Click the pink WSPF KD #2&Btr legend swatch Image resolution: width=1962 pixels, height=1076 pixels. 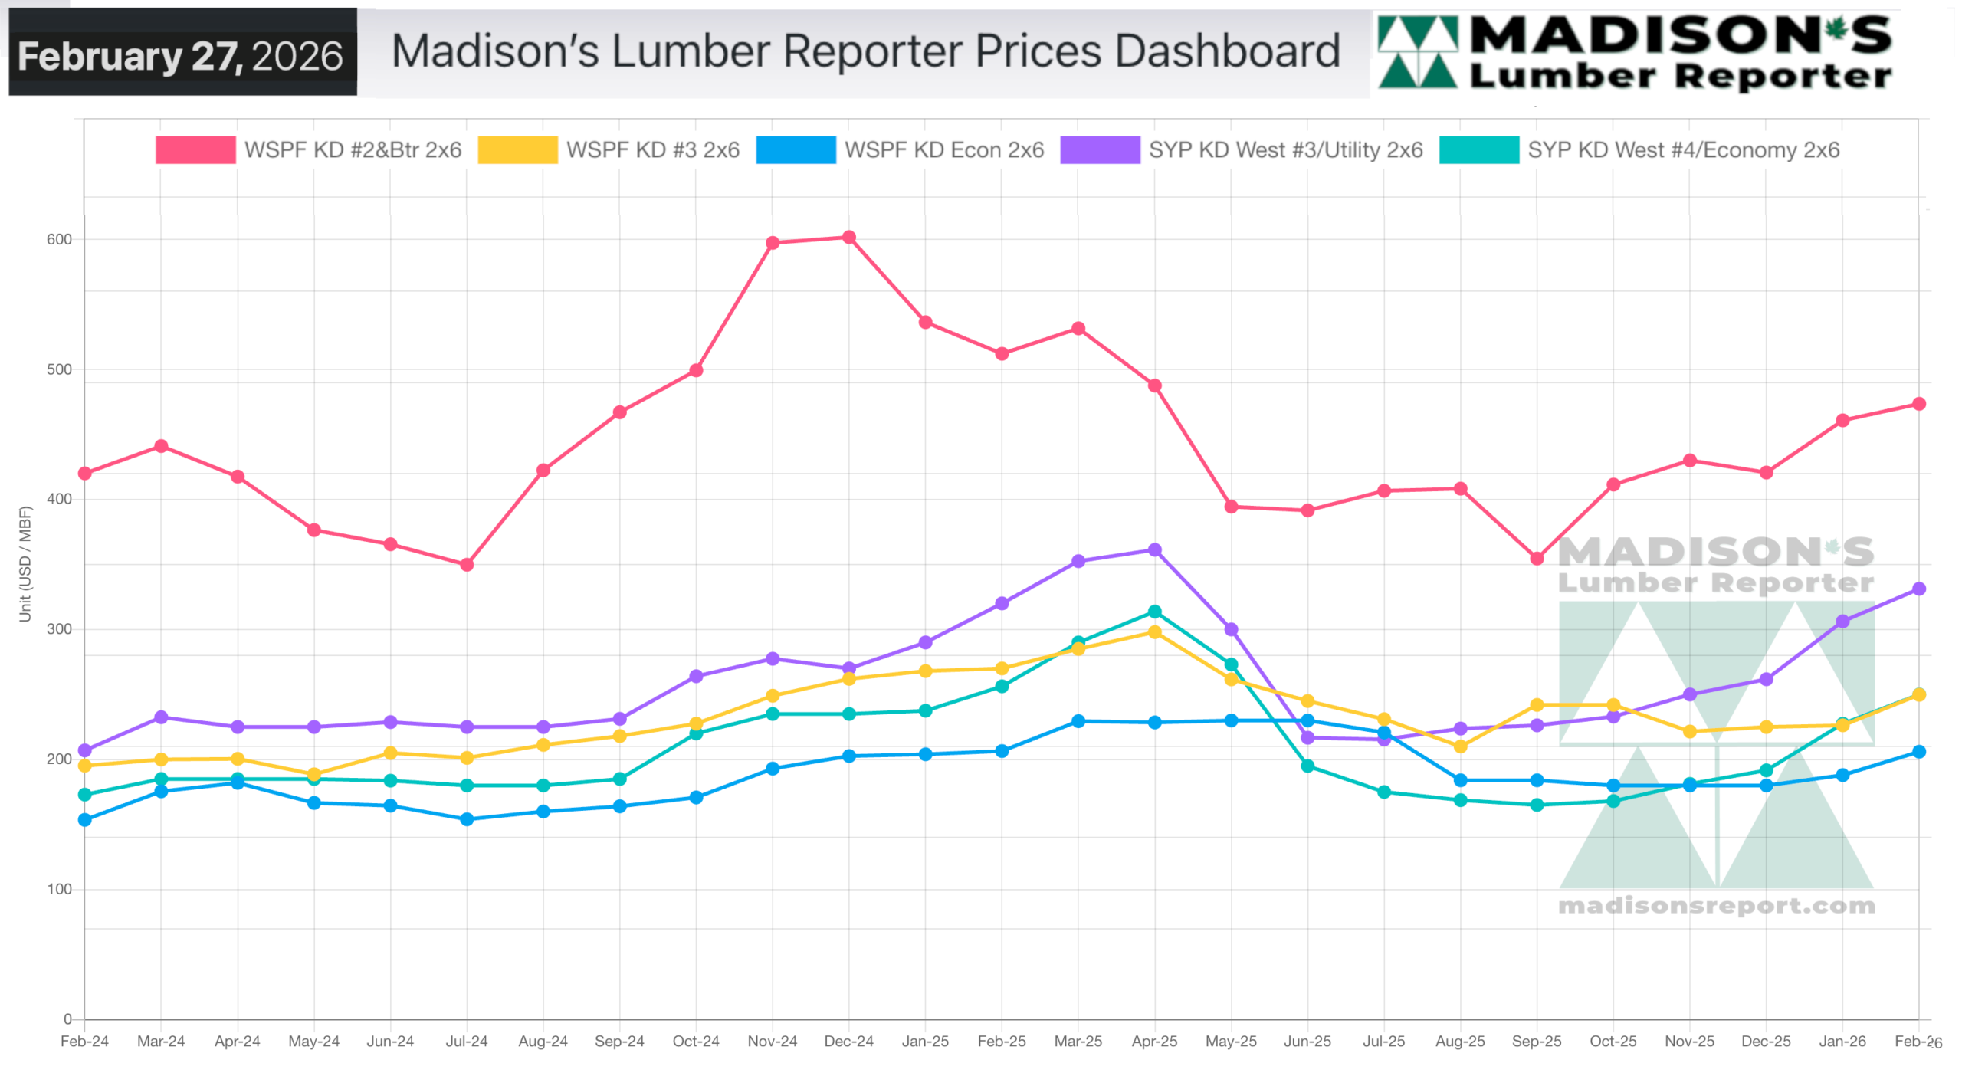[x=195, y=150]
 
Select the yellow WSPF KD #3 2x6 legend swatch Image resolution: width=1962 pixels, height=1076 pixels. [x=517, y=150]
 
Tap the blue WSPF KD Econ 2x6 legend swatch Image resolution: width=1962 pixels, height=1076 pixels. [x=796, y=150]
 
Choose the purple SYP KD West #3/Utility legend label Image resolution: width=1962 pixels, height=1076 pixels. [x=1285, y=150]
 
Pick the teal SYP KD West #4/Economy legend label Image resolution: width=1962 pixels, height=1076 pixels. [x=1683, y=150]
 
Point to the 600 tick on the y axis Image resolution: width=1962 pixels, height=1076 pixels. [x=59, y=240]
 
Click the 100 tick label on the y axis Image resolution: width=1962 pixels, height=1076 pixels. [x=59, y=890]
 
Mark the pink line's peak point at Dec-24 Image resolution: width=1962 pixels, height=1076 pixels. [x=849, y=238]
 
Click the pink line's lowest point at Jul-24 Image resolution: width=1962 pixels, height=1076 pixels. [x=467, y=566]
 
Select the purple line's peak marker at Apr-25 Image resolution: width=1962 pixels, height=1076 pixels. [x=1154, y=550]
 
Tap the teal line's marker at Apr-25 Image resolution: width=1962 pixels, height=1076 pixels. [x=1154, y=612]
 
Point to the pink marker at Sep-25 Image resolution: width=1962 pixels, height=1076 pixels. [x=1537, y=559]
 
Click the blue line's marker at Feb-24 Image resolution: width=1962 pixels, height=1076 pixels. [x=85, y=821]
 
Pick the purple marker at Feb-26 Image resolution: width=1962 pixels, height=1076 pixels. [x=1918, y=589]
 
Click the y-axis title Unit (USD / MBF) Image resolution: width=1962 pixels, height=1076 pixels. [x=25, y=564]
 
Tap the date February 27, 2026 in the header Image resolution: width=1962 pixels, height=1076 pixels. [x=181, y=56]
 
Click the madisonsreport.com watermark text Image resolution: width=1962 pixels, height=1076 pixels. [x=1716, y=907]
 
